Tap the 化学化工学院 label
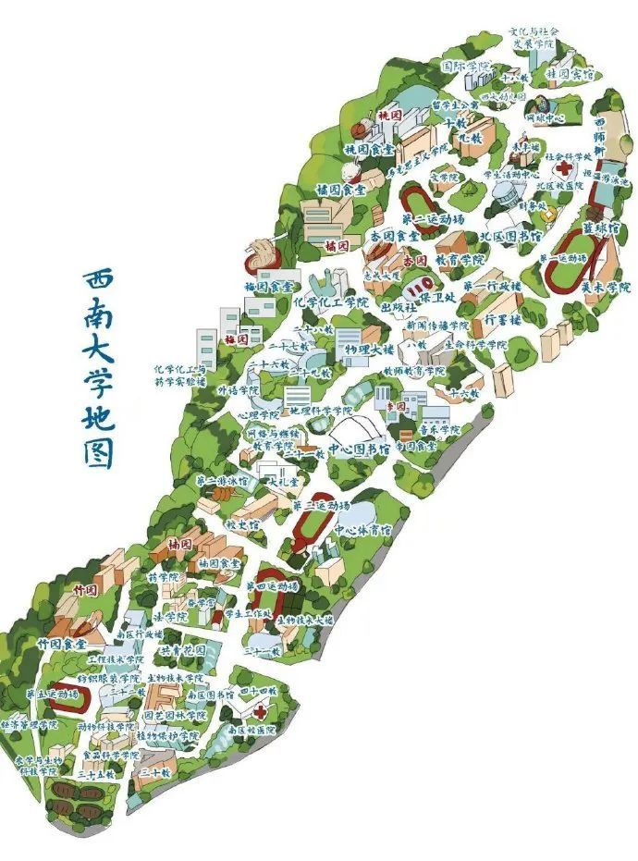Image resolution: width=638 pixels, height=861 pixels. [330, 301]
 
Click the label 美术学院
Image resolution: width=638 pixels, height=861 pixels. [606, 288]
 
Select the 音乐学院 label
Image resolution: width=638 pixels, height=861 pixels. [436, 430]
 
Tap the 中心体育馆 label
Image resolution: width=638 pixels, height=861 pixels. [362, 530]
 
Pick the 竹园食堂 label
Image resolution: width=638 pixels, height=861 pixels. [62, 643]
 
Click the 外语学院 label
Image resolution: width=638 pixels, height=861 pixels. [235, 390]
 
